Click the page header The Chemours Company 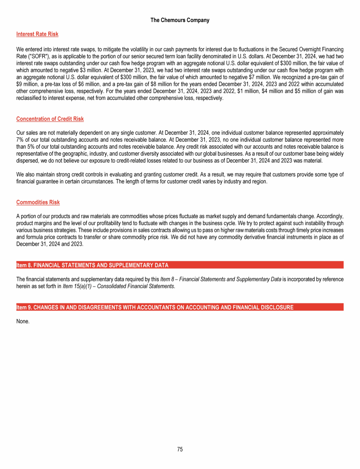point(180,20)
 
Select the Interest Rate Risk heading point(37,34)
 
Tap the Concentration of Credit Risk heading point(50,119)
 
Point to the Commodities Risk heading point(38,203)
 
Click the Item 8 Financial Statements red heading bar point(180,265)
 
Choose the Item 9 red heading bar point(180,307)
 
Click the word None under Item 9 point(22,321)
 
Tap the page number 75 point(180,449)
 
